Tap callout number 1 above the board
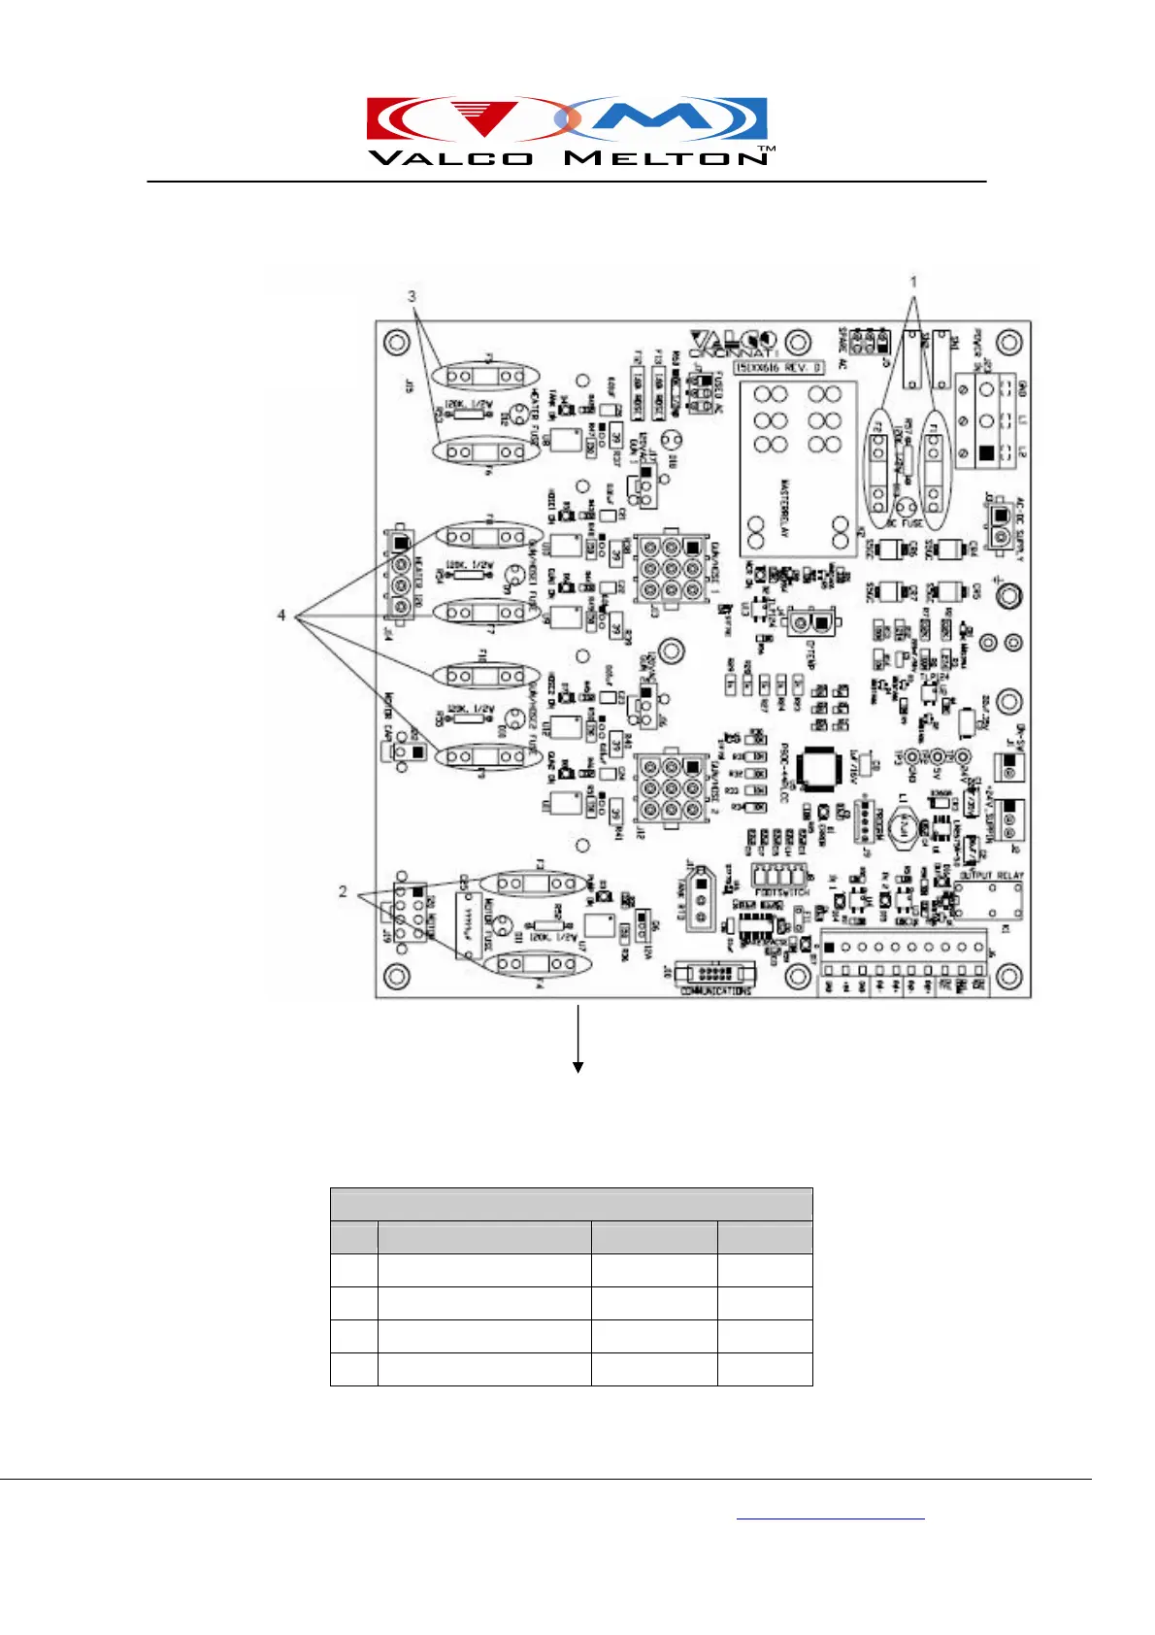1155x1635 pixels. (x=913, y=282)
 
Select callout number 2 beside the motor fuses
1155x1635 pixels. (x=343, y=891)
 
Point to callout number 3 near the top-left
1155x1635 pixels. (x=412, y=295)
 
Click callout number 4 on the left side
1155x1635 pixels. (x=281, y=616)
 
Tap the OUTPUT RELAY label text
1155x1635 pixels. (x=991, y=876)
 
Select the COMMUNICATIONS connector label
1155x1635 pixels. (x=715, y=991)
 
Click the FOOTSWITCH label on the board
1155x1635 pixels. (x=781, y=891)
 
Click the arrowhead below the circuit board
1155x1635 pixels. (x=578, y=1067)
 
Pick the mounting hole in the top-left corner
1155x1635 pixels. (x=396, y=342)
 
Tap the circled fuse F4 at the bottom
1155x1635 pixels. (x=537, y=963)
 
